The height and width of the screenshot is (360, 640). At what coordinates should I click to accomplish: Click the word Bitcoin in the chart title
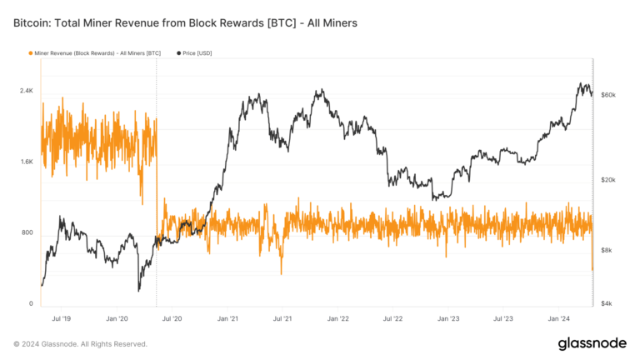(36, 23)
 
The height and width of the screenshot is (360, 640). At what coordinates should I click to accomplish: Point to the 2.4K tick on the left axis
(25, 90)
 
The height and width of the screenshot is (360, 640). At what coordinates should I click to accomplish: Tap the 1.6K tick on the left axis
(25, 162)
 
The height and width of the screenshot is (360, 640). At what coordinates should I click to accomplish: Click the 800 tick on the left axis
(27, 232)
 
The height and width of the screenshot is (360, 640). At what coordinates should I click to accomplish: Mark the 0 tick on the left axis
(31, 303)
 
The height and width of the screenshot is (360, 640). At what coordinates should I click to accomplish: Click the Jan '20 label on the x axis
(117, 318)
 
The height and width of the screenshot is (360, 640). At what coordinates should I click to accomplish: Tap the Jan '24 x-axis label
(558, 318)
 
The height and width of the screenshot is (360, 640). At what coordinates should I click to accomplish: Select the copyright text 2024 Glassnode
(81, 343)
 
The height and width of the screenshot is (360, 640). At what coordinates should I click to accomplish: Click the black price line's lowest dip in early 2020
(138, 290)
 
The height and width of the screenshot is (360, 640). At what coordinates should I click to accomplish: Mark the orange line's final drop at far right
(592, 268)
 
